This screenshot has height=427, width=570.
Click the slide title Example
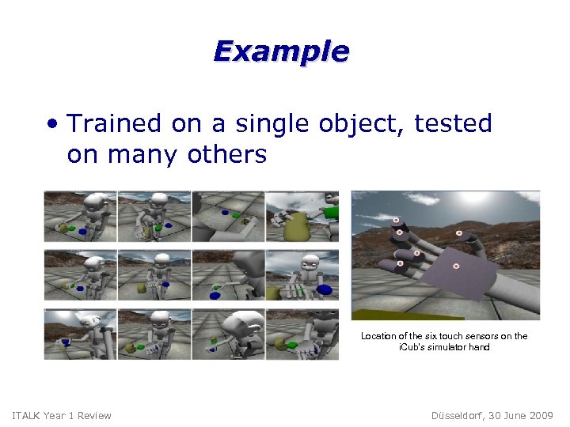[x=281, y=52]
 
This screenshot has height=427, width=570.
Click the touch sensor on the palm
[x=457, y=266]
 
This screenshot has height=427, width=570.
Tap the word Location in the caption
[x=378, y=336]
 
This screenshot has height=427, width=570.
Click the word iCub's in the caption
[x=412, y=347]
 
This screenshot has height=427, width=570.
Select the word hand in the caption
[x=479, y=347]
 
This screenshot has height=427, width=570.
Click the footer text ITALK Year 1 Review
[x=63, y=416]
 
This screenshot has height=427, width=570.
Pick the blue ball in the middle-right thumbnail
[x=325, y=289]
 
